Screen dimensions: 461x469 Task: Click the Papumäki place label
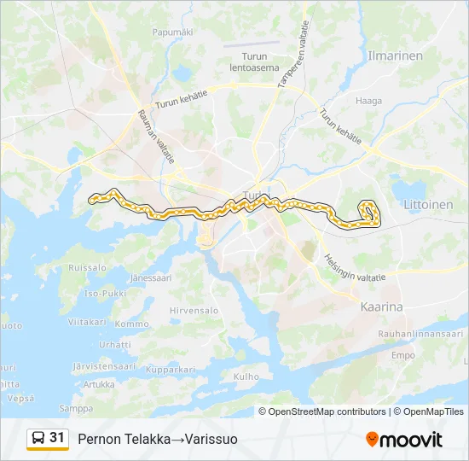pyautogui.click(x=173, y=32)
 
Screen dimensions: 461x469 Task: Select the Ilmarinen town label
pyautogui.click(x=394, y=55)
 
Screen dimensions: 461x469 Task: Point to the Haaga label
pyautogui.click(x=369, y=101)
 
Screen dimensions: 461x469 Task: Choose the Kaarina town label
pyautogui.click(x=381, y=306)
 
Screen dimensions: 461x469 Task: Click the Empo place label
pyautogui.click(x=402, y=355)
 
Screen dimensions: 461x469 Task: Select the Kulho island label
pyautogui.click(x=246, y=376)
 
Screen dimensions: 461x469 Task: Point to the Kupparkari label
pyautogui.click(x=171, y=370)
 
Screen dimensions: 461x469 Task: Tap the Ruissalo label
pyautogui.click(x=87, y=267)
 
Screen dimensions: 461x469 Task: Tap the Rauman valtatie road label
pyautogui.click(x=155, y=137)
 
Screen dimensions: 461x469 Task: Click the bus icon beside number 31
pyautogui.click(x=38, y=438)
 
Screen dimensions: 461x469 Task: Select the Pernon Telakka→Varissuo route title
pyautogui.click(x=158, y=439)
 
